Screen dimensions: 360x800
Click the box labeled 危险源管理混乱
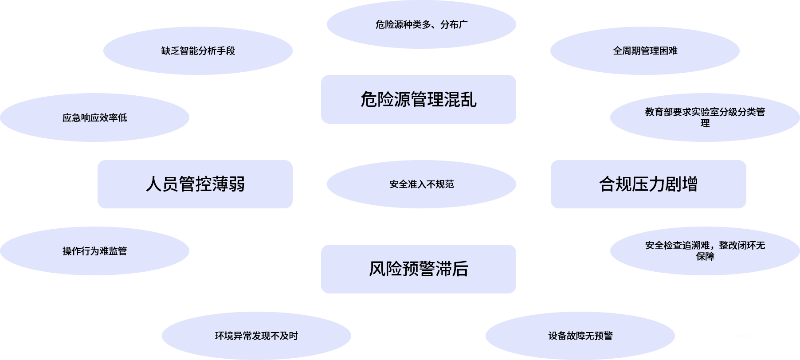tap(418, 99)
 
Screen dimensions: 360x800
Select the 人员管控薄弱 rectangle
tap(195, 184)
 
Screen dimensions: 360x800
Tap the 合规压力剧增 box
tap(648, 184)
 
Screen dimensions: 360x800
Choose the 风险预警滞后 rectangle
tap(418, 269)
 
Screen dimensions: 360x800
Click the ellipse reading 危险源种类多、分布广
tap(421, 24)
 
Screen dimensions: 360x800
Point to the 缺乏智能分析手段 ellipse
tap(198, 51)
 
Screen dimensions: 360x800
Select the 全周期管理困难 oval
tap(645, 51)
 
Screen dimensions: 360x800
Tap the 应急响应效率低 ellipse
tap(94, 117)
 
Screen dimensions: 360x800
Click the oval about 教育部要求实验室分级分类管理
tap(705, 117)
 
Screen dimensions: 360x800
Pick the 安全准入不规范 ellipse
tap(421, 184)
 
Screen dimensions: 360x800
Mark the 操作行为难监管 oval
tap(94, 251)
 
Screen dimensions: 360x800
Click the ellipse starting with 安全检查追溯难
tap(705, 251)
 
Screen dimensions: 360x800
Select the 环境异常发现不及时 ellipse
tap(256, 336)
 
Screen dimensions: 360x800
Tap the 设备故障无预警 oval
tap(580, 336)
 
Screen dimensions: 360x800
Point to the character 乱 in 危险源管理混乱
tap(468, 99)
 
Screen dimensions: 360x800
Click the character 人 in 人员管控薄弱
tap(153, 184)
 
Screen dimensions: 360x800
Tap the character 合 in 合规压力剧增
tap(607, 184)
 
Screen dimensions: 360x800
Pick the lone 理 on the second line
tap(705, 123)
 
